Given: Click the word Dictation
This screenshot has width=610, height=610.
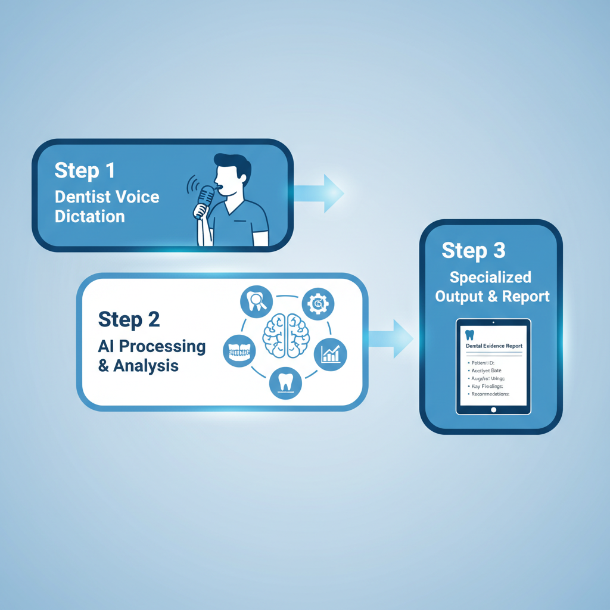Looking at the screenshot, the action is point(90,216).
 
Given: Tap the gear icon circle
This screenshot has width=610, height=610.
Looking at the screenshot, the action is point(318,304).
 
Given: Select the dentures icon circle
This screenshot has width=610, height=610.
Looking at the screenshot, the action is point(238,351).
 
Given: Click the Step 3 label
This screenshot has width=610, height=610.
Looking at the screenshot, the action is point(474,250).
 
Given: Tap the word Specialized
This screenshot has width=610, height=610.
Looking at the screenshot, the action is point(490,277).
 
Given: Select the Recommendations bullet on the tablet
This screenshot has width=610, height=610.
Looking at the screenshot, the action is point(491,394).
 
